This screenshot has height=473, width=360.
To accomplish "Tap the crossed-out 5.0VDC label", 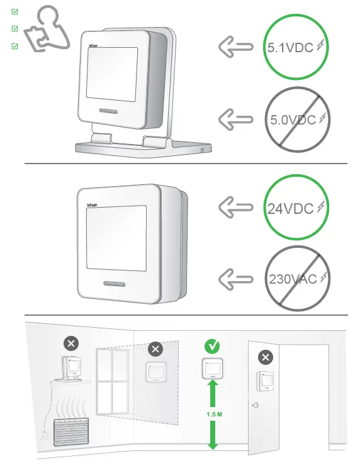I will coord(291,119).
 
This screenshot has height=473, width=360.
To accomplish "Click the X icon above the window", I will coord(155,348).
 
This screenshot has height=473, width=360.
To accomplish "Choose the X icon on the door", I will coord(266,357).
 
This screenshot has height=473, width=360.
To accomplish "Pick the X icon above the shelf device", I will coord(72,343).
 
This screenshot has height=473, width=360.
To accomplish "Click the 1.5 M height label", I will coord(212,415).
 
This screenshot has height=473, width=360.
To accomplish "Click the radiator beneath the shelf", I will coord(69,434).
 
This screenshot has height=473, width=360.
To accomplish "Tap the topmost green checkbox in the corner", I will coord(15,11).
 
